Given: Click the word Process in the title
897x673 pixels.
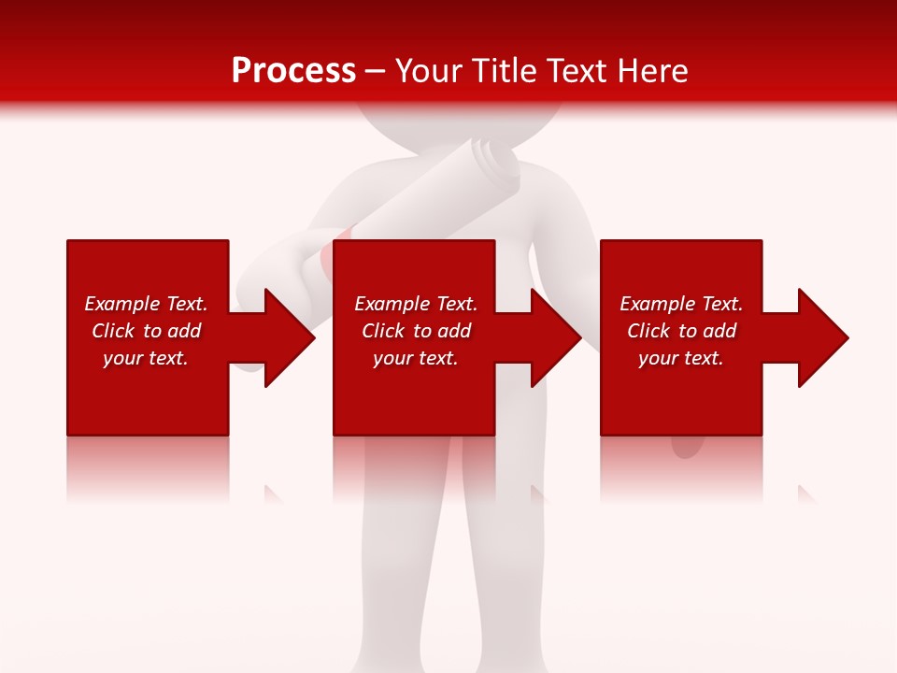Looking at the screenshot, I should pos(293,71).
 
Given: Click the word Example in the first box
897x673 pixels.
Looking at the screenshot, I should pos(121,304).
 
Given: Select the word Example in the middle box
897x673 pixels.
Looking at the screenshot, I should pos(392,304).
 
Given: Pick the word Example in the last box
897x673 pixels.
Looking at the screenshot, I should pos(657,304).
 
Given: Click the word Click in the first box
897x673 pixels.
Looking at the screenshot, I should pos(113,331).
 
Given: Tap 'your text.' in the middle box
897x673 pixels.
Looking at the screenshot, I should pos(415,358).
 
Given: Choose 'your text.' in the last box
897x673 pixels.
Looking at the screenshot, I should pos(680,358).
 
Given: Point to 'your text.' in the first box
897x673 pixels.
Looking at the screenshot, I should pos(145,358).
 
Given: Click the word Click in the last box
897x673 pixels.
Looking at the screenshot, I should pos(648,331).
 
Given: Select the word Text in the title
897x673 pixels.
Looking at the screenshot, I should pos(577,71).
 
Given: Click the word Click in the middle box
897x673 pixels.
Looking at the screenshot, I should pos(383,331).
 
